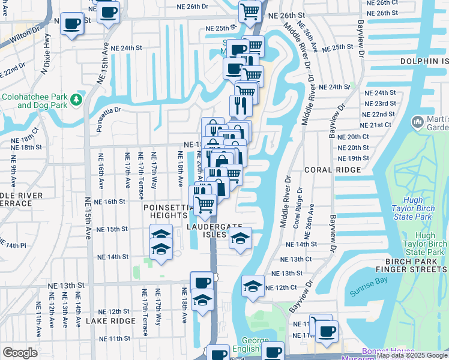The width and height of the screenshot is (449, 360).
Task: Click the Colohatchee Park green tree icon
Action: tap(76, 99)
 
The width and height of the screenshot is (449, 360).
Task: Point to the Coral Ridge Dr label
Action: tap(297, 215)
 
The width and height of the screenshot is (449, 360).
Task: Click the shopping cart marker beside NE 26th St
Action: tap(250, 11)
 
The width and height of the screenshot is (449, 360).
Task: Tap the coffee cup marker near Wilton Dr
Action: tap(72, 24)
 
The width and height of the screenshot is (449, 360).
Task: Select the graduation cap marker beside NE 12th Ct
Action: tap(253, 286)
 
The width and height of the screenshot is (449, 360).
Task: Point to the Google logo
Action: tap(20, 353)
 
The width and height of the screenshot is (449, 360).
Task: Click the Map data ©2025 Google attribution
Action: tap(412, 356)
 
